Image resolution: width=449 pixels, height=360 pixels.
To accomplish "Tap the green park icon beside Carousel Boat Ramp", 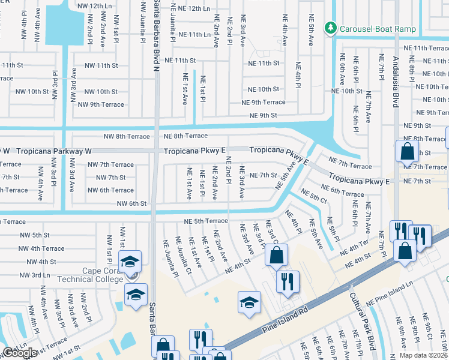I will coord(330,28).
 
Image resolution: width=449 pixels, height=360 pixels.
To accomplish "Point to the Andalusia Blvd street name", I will coord(395,78).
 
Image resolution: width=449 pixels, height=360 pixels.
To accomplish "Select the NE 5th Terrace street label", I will coord(206,221).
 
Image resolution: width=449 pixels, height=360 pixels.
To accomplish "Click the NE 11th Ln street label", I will coord(190,35).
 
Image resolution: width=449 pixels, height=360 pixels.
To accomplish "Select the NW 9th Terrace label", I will coord(101,104).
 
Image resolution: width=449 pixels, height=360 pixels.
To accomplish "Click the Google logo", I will coord(20,353).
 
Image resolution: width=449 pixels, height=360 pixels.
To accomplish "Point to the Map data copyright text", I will coord(424,355).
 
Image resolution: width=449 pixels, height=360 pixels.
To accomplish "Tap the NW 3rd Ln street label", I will coord(34,275).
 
